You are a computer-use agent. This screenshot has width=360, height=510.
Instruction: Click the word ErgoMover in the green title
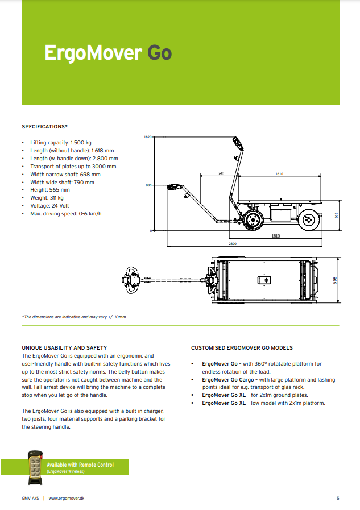(x=93, y=53)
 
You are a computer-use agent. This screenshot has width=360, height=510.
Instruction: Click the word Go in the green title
(x=159, y=53)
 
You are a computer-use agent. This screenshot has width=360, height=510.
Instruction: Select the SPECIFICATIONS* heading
(x=45, y=126)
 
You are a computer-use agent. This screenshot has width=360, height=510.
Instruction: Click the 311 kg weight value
(x=58, y=198)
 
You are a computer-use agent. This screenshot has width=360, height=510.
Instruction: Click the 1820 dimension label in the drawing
(x=148, y=138)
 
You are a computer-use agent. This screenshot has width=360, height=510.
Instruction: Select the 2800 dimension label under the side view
(x=233, y=244)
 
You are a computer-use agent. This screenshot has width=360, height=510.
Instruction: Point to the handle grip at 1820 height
(x=239, y=142)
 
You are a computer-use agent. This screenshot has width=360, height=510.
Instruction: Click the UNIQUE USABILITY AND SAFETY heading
(x=64, y=347)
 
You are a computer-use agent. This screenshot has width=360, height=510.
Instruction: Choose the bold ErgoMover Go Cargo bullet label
(x=225, y=379)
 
